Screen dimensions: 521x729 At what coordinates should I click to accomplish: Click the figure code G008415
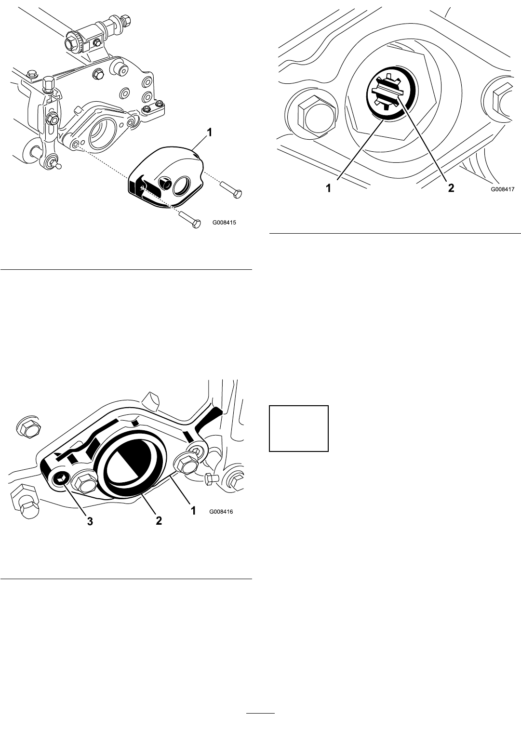225,223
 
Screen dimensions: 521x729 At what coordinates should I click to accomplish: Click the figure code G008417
503,189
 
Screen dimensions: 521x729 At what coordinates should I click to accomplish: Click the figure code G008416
221,512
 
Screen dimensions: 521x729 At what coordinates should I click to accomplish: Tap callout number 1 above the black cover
210,133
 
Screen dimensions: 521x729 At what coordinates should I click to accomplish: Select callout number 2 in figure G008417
451,188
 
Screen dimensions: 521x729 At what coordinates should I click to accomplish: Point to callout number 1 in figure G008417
328,188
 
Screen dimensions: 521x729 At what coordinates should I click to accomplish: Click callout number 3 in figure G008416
90,521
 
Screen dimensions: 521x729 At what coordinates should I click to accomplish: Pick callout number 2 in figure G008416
159,521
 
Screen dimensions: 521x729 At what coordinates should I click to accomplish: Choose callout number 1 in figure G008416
193,511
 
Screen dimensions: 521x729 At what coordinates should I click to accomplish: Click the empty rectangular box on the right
299,428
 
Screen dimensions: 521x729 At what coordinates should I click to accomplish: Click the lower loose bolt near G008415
190,220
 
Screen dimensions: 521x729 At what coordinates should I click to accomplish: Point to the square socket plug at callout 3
61,478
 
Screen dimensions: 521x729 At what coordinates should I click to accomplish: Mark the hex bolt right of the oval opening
185,463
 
